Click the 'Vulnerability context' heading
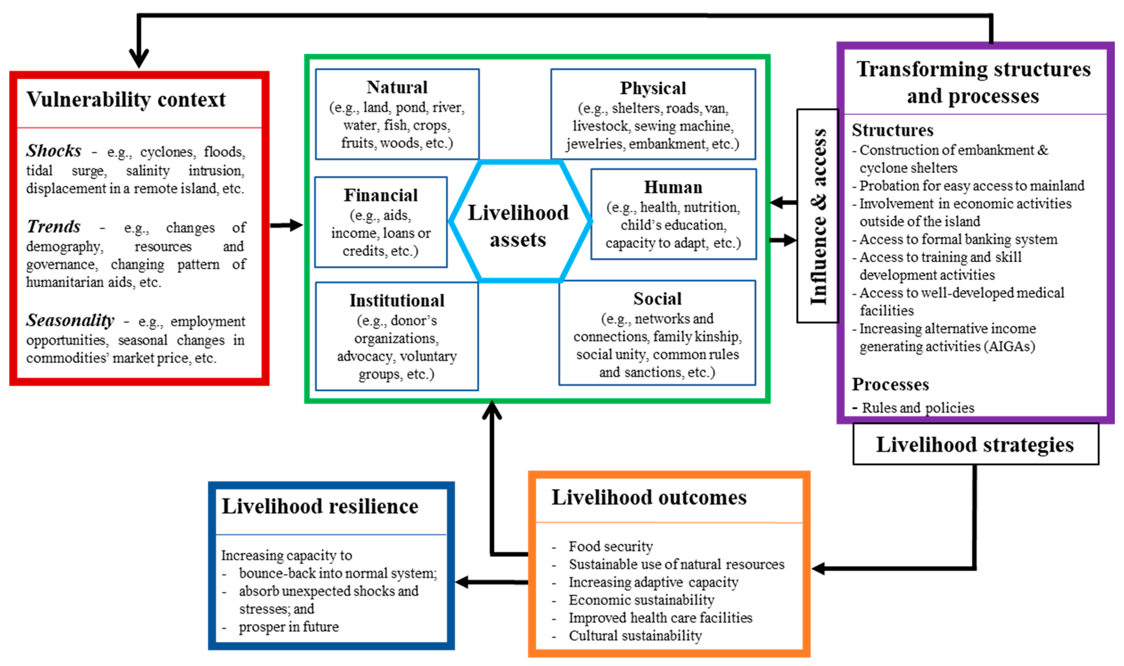(x=126, y=100)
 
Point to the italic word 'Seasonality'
(x=70, y=321)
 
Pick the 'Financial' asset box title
(x=381, y=195)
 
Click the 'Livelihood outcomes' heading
(x=649, y=497)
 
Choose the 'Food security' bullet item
(x=610, y=546)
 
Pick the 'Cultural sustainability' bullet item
(x=635, y=636)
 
